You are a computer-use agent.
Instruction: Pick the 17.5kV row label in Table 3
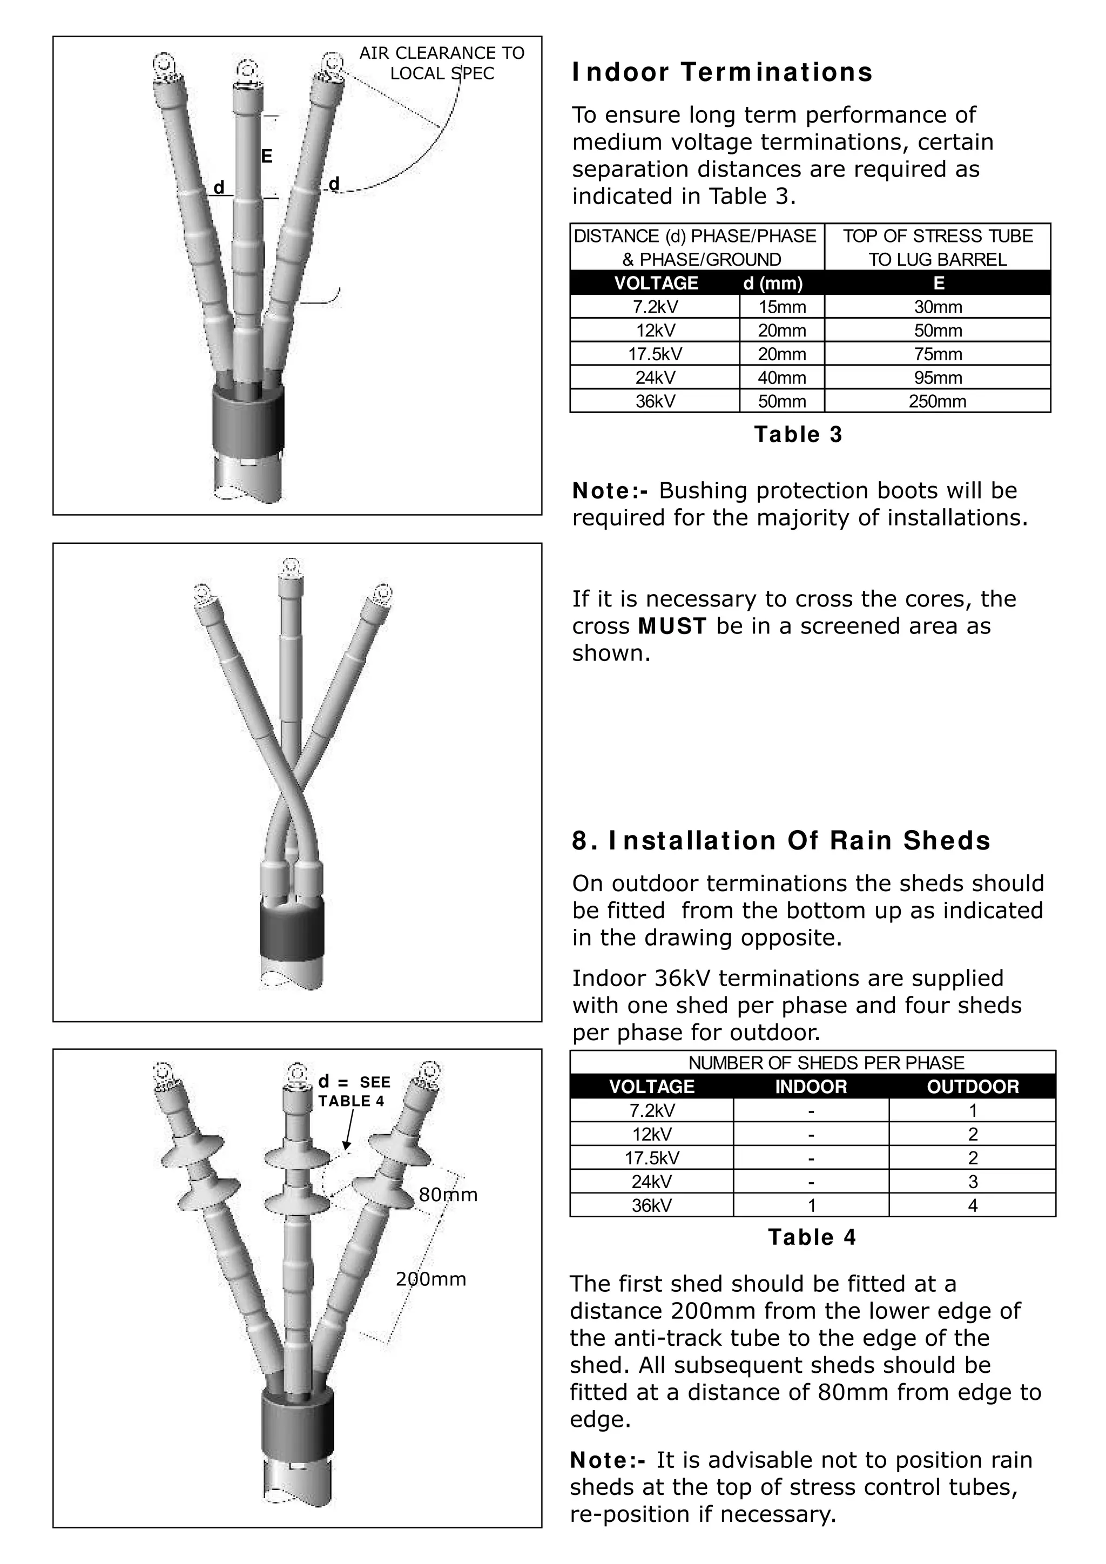pos(655,354)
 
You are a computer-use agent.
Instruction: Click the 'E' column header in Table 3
pos(938,284)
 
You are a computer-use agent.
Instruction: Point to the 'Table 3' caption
pos(798,435)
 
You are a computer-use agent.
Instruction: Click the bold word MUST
pos(672,626)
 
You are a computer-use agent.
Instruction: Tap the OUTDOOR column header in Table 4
pos(972,1087)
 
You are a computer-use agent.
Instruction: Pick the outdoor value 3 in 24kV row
pos(973,1181)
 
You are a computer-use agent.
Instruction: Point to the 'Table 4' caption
pos(812,1237)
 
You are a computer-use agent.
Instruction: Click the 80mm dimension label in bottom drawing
pos(448,1195)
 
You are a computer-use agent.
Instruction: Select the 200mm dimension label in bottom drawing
pos(430,1279)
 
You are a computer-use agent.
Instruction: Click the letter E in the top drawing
pos(267,157)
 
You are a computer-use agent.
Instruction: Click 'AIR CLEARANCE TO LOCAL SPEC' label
pos(441,63)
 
